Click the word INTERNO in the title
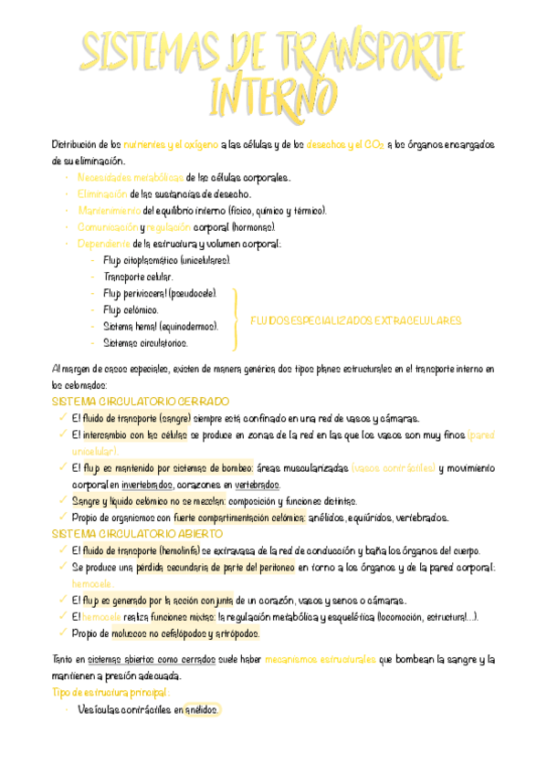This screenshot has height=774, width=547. (272, 94)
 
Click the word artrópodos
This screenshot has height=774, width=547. (237, 633)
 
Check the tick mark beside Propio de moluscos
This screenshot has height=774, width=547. (61, 633)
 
